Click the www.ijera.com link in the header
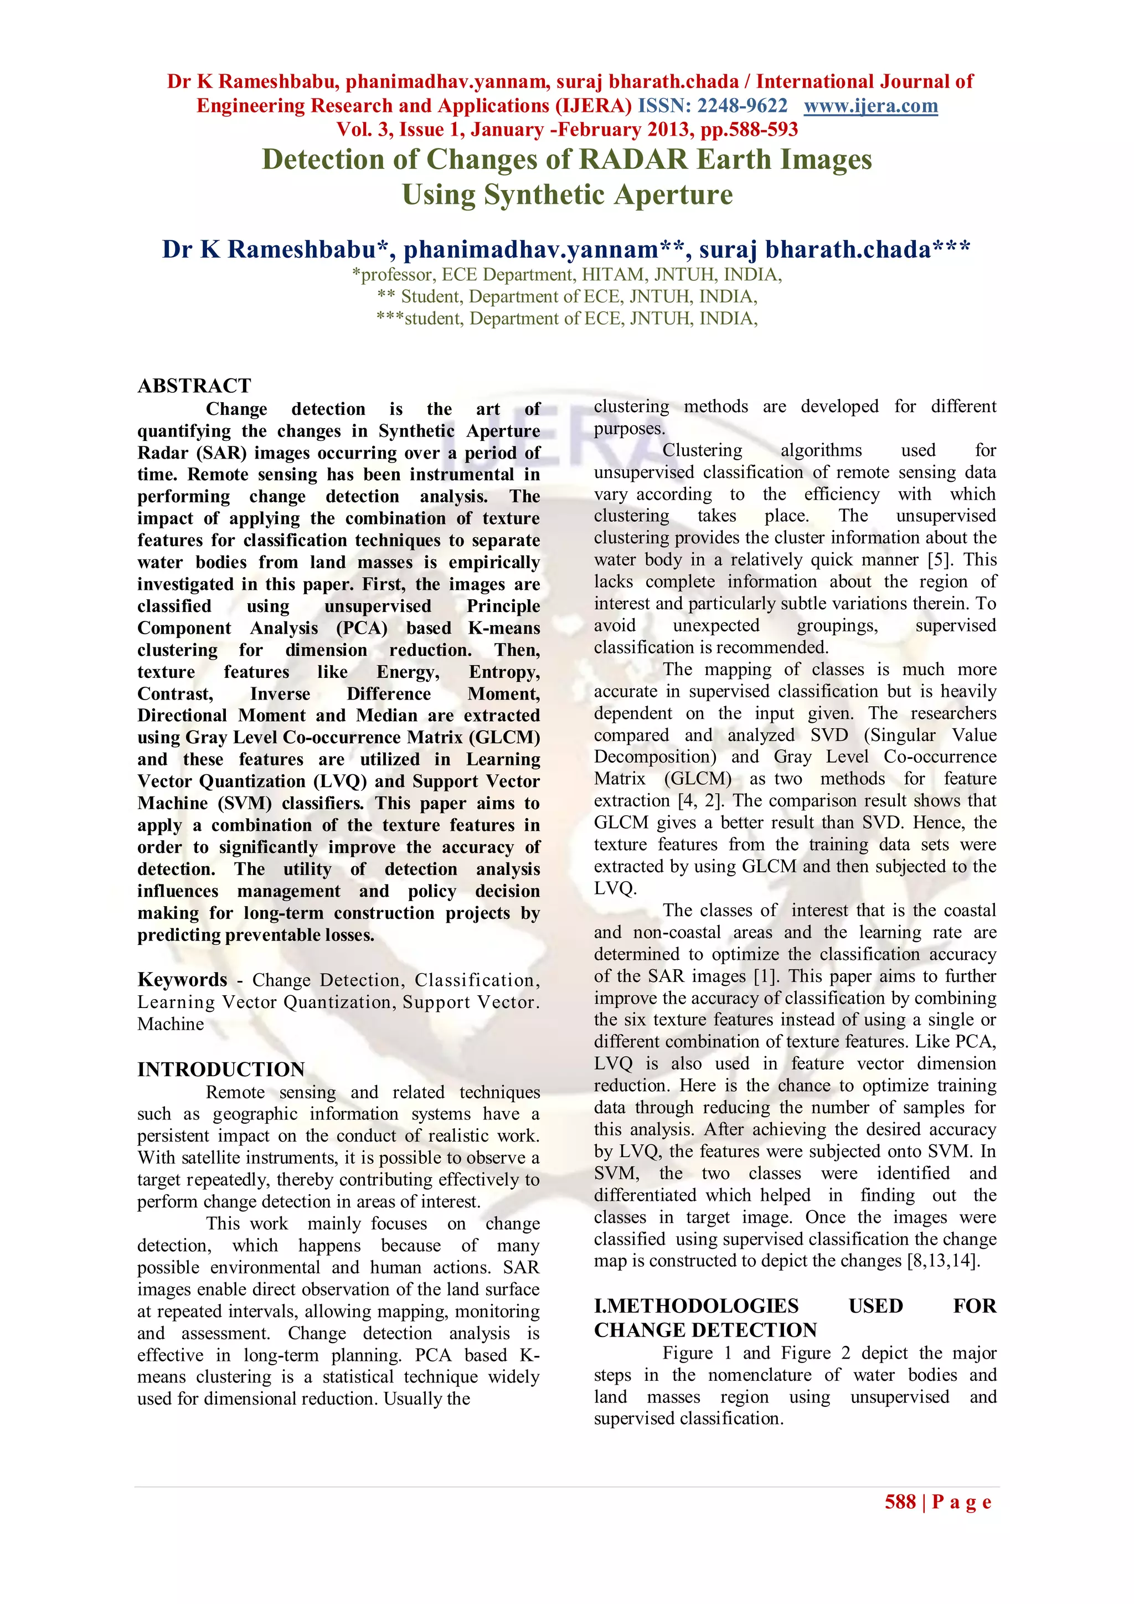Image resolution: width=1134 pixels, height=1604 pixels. (871, 106)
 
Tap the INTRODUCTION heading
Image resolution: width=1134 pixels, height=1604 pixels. (221, 1069)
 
